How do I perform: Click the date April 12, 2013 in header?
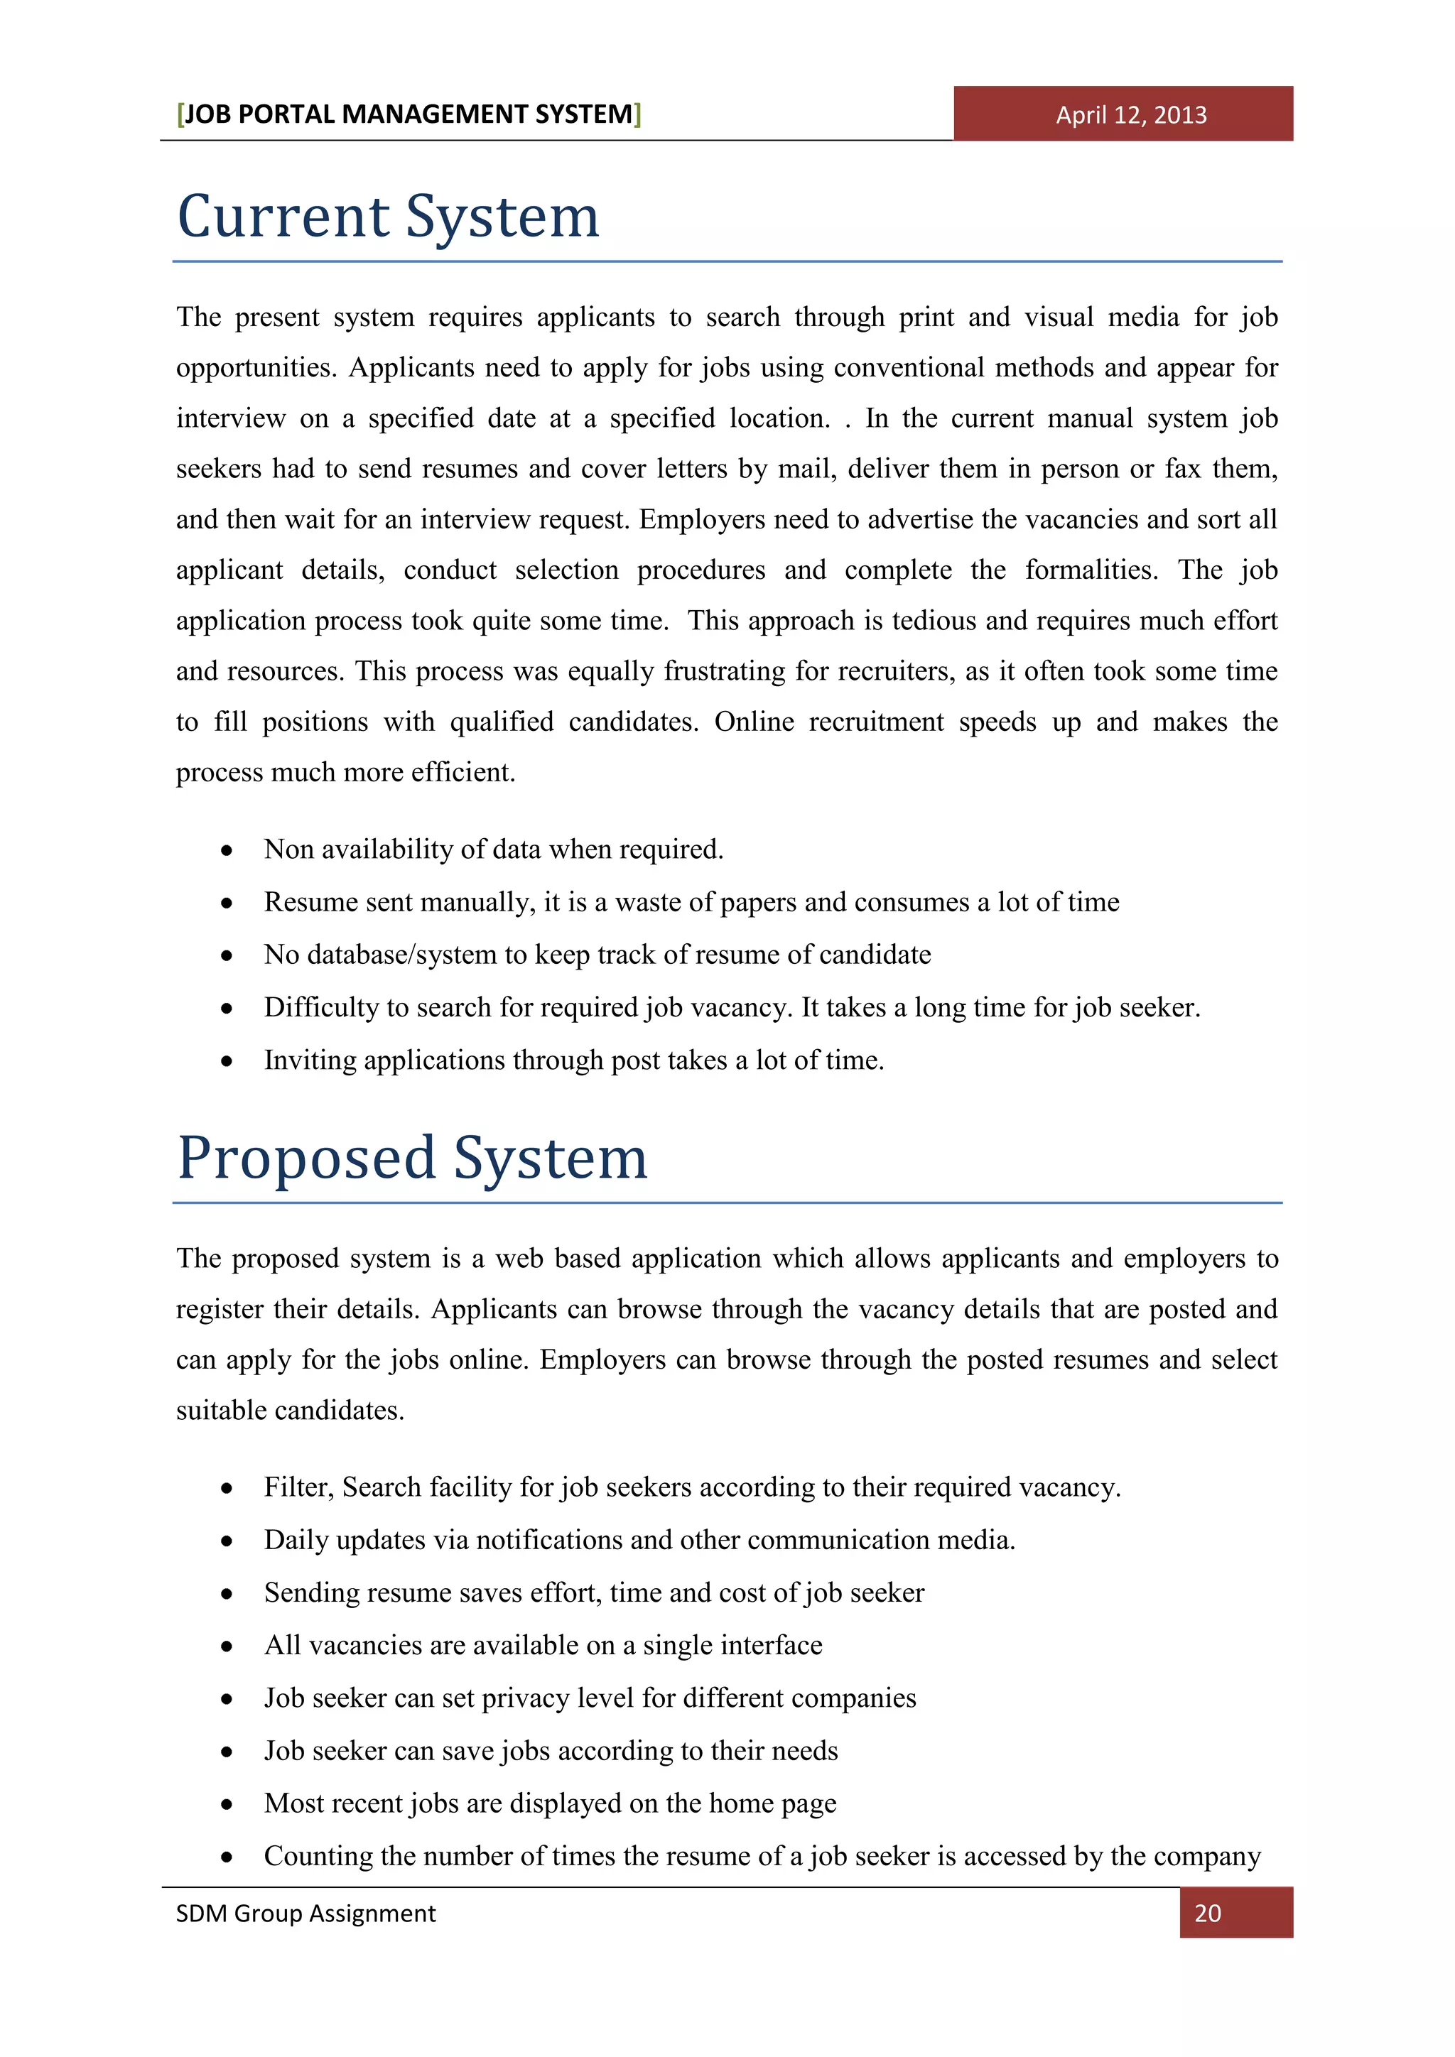click(1130, 114)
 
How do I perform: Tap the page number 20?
click(1208, 1913)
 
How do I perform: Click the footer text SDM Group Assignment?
click(305, 1913)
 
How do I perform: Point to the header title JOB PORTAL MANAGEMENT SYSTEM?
click(409, 114)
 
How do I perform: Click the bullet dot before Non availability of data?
click(227, 850)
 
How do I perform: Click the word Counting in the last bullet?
click(317, 1855)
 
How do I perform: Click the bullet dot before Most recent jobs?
click(227, 1804)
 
